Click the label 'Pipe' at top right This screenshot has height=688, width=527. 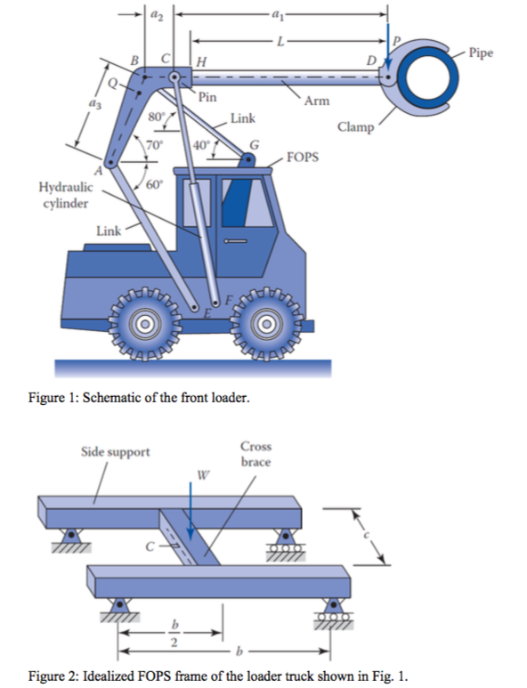click(482, 53)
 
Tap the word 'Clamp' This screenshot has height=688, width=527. click(356, 127)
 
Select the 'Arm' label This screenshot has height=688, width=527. click(316, 101)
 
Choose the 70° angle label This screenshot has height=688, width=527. click(153, 142)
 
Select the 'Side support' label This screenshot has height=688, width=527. click(116, 452)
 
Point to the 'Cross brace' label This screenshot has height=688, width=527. click(255, 454)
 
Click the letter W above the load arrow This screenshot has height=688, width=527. click(203, 474)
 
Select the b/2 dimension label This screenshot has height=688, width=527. click(174, 633)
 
